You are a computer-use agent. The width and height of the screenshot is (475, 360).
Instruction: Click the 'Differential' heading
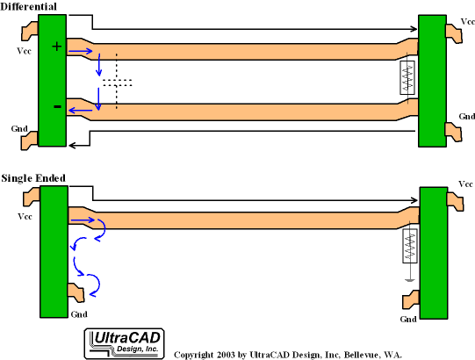pos(28,7)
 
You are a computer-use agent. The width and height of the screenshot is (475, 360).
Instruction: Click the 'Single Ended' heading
pos(33,178)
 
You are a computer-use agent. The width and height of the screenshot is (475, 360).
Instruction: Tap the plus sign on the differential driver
pos(57,47)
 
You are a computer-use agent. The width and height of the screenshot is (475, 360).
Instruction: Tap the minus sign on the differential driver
pos(58,106)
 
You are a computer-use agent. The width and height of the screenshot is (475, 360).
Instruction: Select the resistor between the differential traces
pos(407,78)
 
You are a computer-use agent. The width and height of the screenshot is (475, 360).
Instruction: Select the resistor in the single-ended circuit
pos(410,246)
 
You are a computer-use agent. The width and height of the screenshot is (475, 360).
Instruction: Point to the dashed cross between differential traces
pos(117,82)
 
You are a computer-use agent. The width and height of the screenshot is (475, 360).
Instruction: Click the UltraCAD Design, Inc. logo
pos(124,344)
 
